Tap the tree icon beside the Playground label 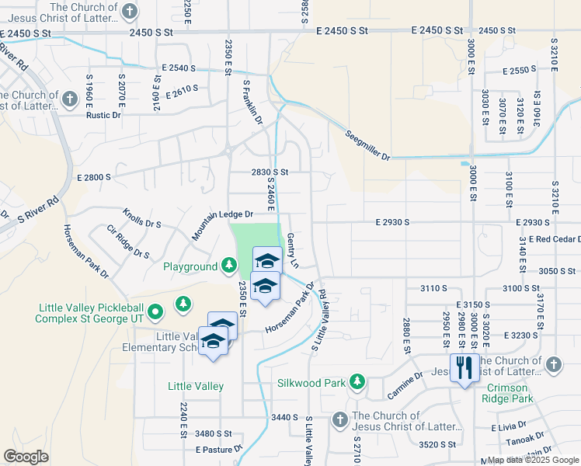pyautogui.click(x=229, y=266)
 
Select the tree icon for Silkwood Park pyautogui.click(x=357, y=383)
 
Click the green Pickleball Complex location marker pyautogui.click(x=155, y=312)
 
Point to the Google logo pyautogui.click(x=26, y=457)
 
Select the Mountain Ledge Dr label pyautogui.click(x=224, y=214)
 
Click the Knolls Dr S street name pyautogui.click(x=141, y=218)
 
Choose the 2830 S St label pyautogui.click(x=269, y=172)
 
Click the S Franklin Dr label pyautogui.click(x=253, y=102)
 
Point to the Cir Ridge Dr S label pyautogui.click(x=128, y=242)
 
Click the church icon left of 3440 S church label pyautogui.click(x=339, y=420)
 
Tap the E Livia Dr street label pyautogui.click(x=510, y=428)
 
